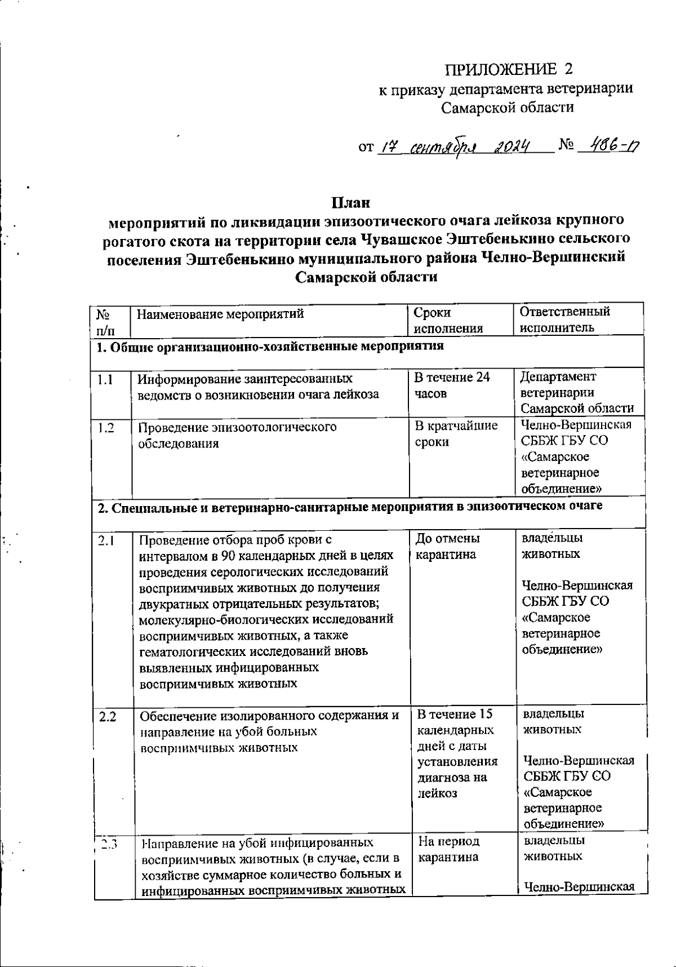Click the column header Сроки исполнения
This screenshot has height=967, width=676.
(x=448, y=320)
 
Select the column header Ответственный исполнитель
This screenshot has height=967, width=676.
(x=565, y=320)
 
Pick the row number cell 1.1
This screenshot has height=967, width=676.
(x=105, y=379)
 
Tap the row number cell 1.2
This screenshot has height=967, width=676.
(x=105, y=428)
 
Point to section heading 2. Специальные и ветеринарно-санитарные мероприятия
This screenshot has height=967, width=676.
(x=349, y=506)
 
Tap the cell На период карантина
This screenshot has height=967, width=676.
(x=448, y=849)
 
